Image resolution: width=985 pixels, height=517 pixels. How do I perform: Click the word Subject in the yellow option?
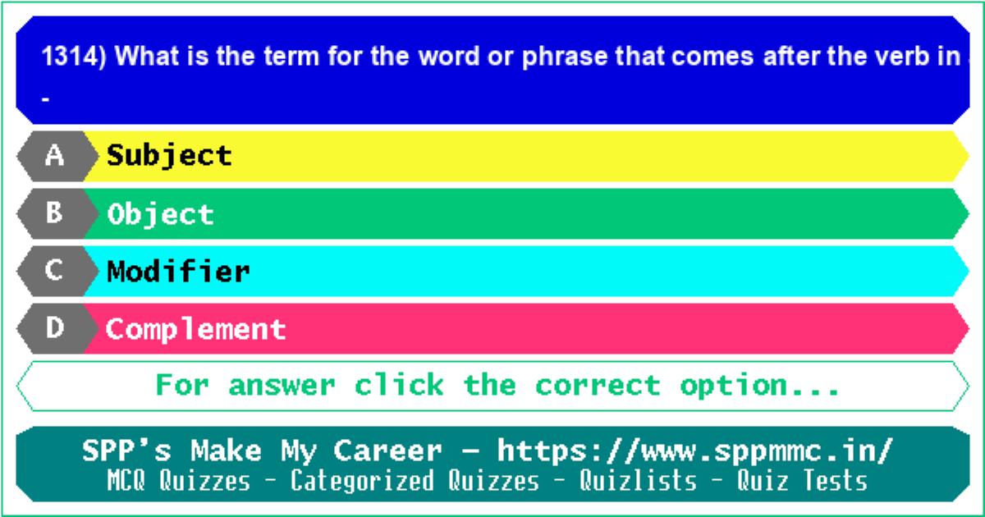pyautogui.click(x=169, y=157)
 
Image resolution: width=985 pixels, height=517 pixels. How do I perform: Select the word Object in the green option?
pyautogui.click(x=161, y=215)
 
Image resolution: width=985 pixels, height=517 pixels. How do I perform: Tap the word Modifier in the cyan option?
pyautogui.click(x=178, y=271)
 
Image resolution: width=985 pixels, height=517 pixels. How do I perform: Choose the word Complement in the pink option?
pyautogui.click(x=195, y=330)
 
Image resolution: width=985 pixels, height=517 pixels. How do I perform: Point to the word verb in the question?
pyautogui.click(x=900, y=57)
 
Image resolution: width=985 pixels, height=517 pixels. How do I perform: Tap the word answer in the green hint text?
pyautogui.click(x=282, y=386)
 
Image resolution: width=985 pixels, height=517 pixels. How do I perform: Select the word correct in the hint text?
pyautogui.click(x=598, y=386)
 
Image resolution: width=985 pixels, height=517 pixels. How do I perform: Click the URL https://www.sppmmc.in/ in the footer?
pyautogui.click(x=694, y=451)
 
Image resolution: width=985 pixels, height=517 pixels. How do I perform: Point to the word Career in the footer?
pyautogui.click(x=387, y=451)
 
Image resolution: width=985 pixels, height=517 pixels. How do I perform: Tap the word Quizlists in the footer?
pyautogui.click(x=638, y=480)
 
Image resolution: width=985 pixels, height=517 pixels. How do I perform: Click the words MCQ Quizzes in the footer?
pyautogui.click(x=179, y=480)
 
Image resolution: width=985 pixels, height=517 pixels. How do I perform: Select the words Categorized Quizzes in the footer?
pyautogui.click(x=415, y=480)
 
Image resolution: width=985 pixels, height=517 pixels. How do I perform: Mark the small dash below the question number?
pyautogui.click(x=45, y=100)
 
